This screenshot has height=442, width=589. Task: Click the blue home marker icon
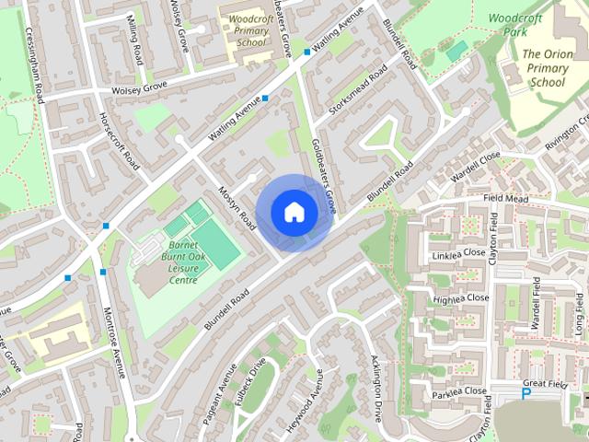click(x=294, y=212)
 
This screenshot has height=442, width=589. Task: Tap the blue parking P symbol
click(x=525, y=394)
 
